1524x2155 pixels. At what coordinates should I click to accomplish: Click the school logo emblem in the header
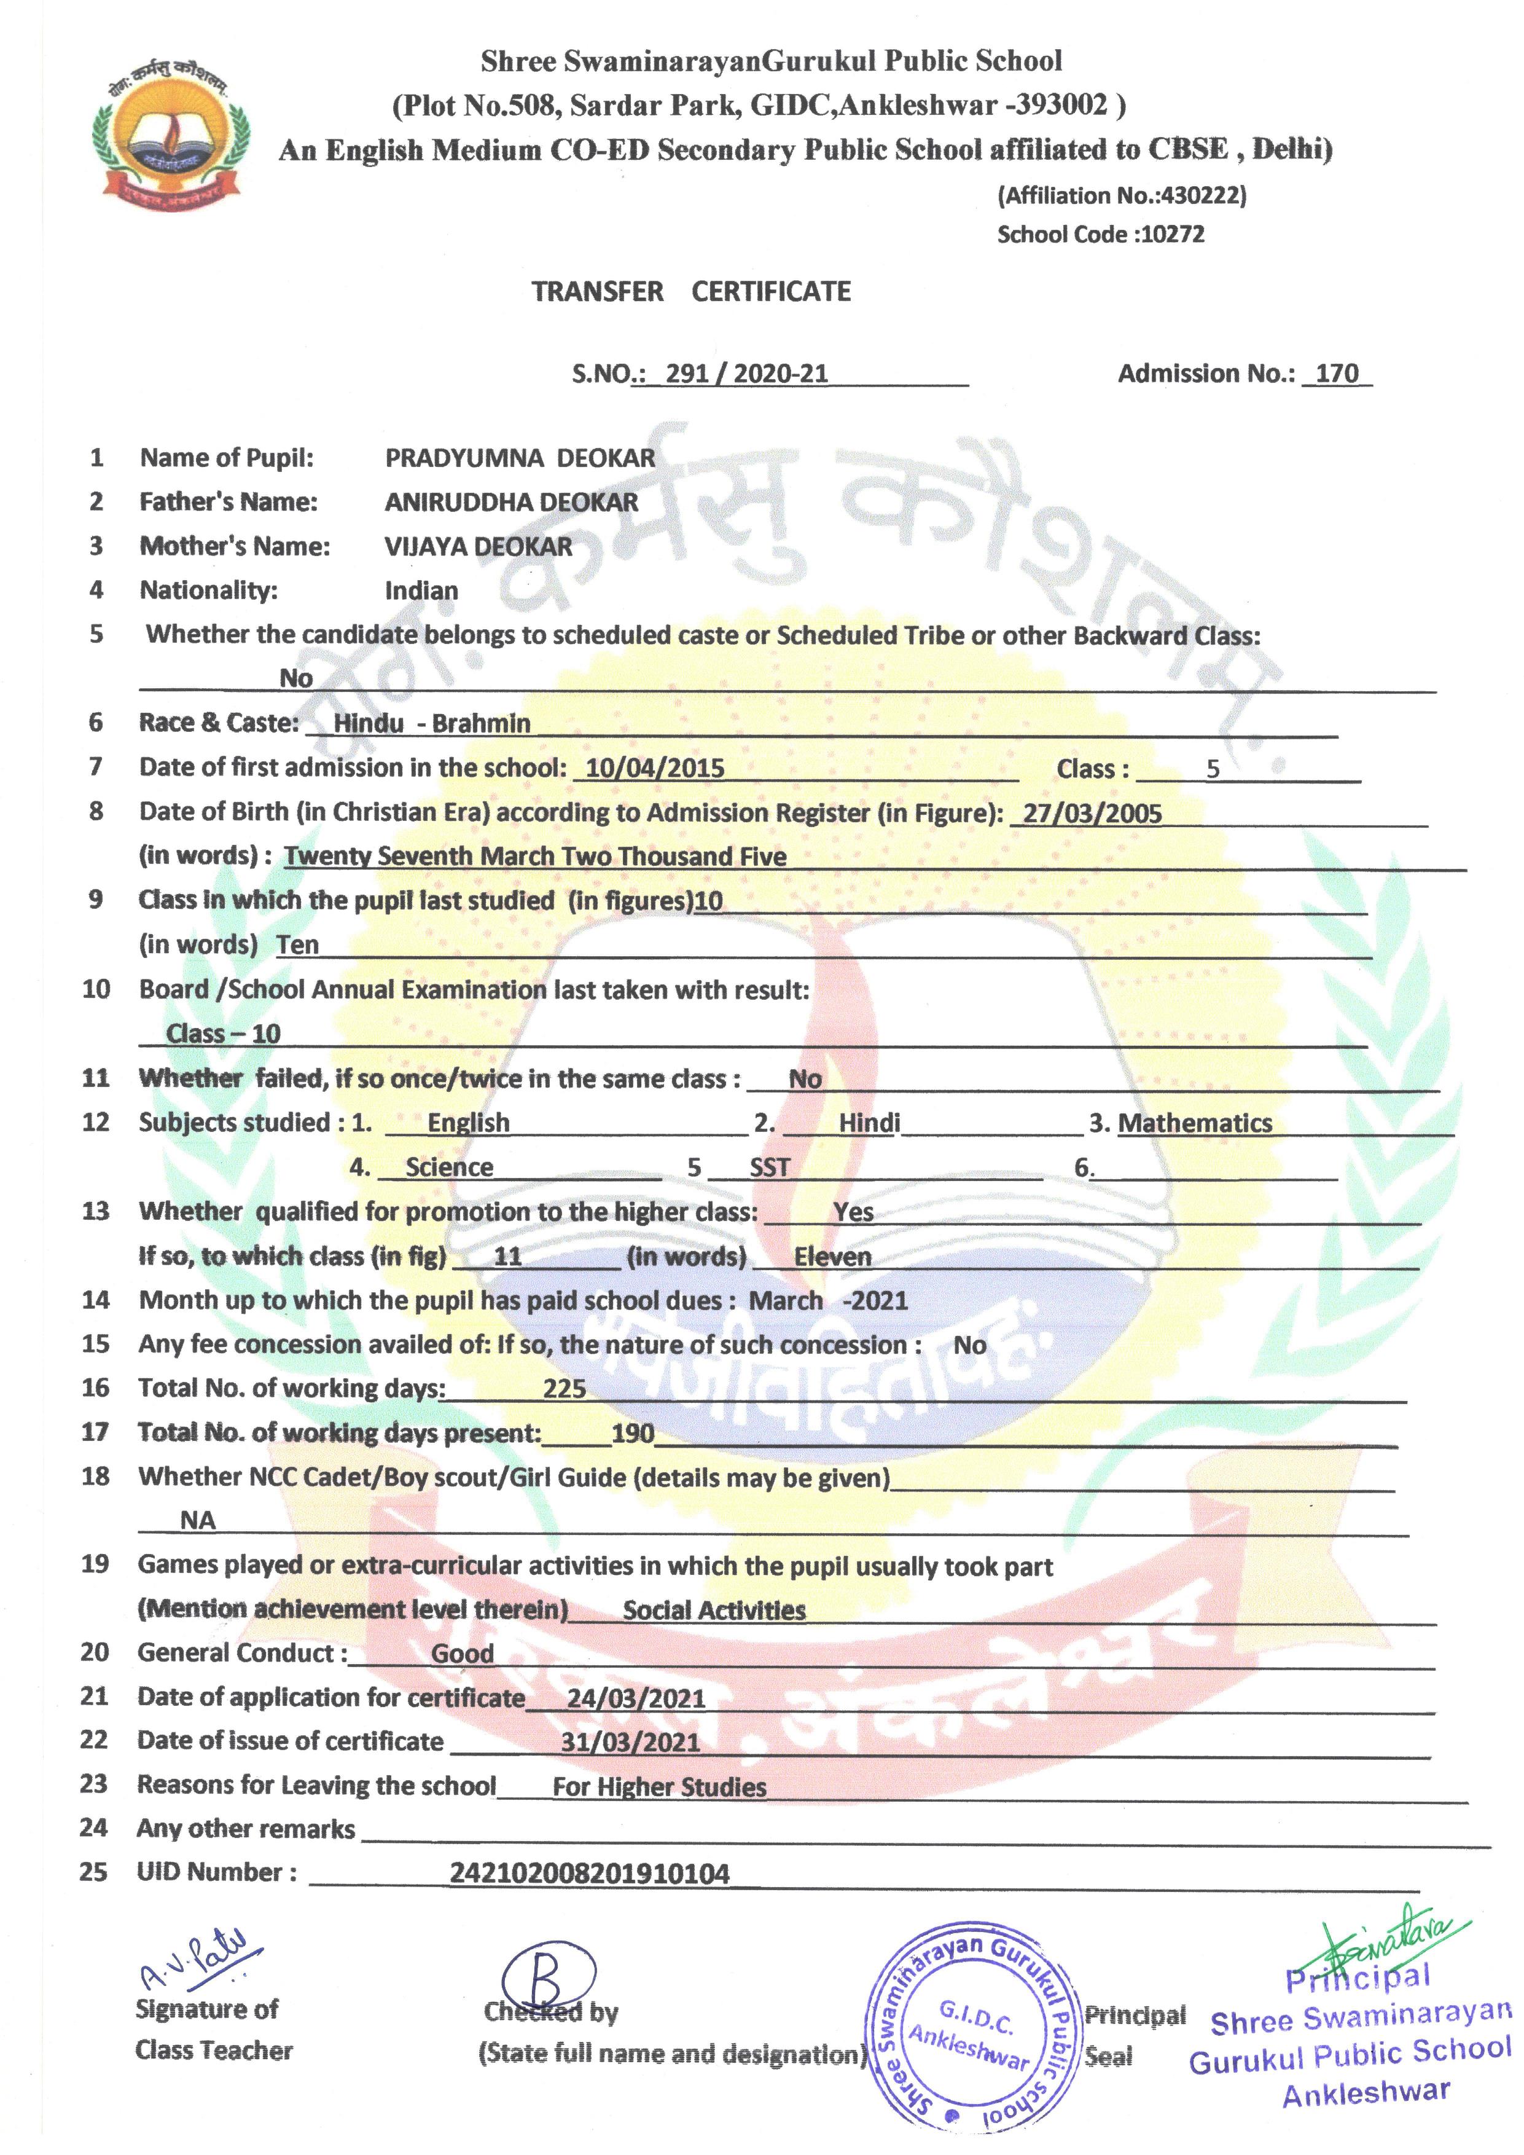pyautogui.click(x=172, y=137)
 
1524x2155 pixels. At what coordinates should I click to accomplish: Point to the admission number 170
pyautogui.click(x=1336, y=374)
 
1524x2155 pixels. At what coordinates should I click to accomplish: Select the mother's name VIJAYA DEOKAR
pyautogui.click(x=478, y=546)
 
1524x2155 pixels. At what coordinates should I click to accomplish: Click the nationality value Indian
pyautogui.click(x=421, y=591)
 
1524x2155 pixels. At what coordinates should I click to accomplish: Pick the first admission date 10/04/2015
pyautogui.click(x=655, y=767)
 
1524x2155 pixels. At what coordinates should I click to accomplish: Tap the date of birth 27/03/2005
pyautogui.click(x=1092, y=813)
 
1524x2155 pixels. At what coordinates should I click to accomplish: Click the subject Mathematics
pyautogui.click(x=1195, y=1123)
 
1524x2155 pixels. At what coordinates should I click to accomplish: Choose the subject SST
pyautogui.click(x=770, y=1168)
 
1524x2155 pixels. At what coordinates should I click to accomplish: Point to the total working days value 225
pyautogui.click(x=564, y=1388)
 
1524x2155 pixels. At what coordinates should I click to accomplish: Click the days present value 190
pyautogui.click(x=633, y=1433)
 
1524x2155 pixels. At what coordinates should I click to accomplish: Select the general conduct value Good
pyautogui.click(x=462, y=1654)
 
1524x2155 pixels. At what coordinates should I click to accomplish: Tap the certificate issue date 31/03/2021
pyautogui.click(x=630, y=1742)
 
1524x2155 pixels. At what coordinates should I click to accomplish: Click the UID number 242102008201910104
pyautogui.click(x=589, y=1874)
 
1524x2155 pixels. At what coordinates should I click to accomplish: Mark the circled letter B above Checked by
pyautogui.click(x=548, y=1977)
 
